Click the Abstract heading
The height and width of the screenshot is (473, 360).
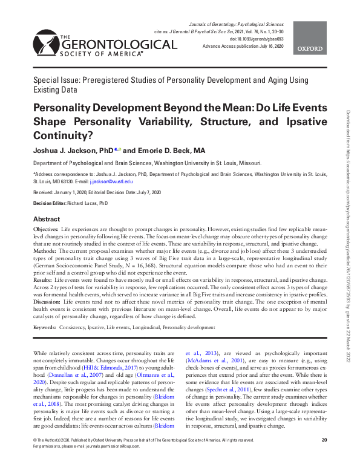(x=47, y=219)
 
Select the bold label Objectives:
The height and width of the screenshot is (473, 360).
(x=46, y=230)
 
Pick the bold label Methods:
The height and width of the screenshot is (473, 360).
(x=45, y=250)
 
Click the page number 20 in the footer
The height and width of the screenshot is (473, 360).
(x=324, y=457)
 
